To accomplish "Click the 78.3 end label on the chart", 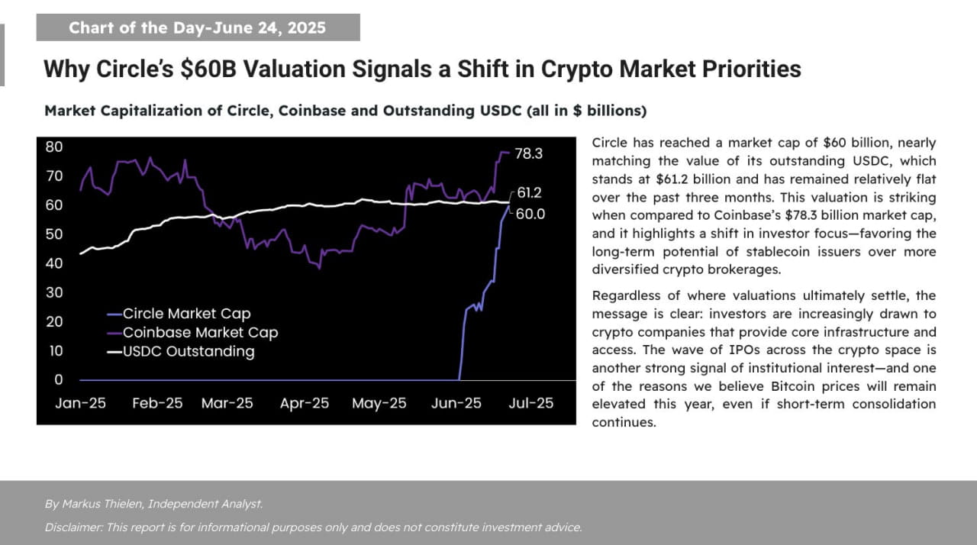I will [528, 153].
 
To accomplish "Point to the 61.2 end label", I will [528, 192].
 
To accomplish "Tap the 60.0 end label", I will [530, 214].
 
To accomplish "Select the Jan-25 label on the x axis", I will [80, 403].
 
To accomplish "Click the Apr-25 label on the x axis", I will [305, 403].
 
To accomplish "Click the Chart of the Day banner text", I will [197, 28].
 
